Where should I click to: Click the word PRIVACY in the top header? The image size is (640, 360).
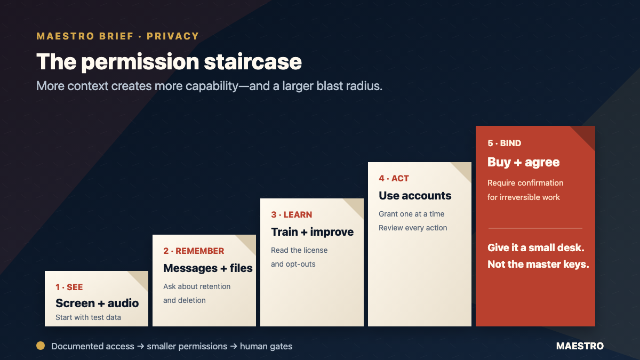173,36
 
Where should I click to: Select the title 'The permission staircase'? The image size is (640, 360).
169,62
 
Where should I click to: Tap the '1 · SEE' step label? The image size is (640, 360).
69,287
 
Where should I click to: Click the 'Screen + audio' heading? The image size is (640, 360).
97,303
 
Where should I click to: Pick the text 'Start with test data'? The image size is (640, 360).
88,317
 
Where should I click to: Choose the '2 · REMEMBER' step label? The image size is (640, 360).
194,251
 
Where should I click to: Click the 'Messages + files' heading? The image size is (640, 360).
207,268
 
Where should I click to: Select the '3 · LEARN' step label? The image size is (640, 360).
291,214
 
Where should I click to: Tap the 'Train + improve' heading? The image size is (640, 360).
312,232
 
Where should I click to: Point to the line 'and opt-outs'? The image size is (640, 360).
293,264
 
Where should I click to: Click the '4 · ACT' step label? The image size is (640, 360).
394,178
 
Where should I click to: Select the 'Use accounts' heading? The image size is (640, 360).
415,196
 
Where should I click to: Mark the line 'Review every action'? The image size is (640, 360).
413,228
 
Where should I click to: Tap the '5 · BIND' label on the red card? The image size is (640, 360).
505,143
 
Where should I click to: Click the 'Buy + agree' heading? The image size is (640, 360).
523,162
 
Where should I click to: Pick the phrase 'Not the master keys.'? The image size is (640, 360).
538,265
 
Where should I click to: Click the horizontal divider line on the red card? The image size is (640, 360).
535,228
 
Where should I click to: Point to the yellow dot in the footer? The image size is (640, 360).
41,346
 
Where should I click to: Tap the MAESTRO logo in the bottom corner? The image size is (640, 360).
580,346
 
